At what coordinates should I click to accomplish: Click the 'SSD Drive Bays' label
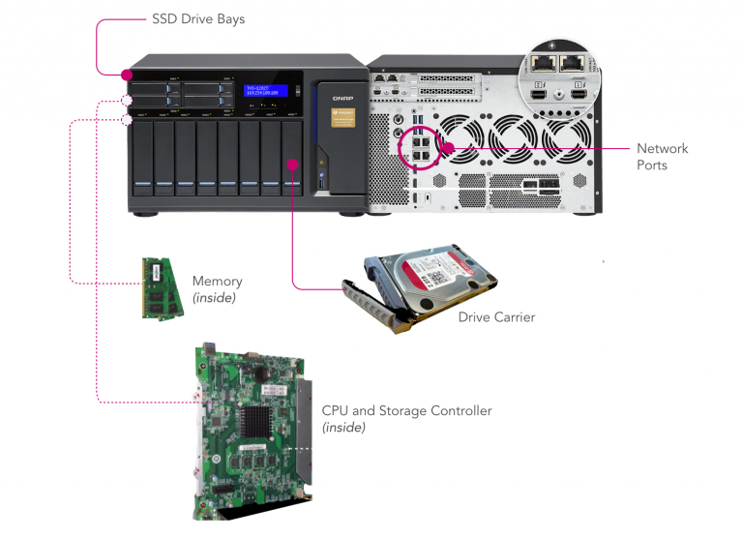point(198,18)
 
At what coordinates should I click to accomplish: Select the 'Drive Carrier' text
point(496,316)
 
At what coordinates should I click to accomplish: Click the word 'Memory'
point(217,282)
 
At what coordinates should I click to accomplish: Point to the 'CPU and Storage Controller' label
point(406,411)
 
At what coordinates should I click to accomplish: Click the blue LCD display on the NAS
point(265,91)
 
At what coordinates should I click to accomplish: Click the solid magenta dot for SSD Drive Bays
point(128,75)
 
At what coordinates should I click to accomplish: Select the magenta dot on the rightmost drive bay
point(292,164)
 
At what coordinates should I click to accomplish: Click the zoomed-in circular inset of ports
point(562,75)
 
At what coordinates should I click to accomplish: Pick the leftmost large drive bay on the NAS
point(141,155)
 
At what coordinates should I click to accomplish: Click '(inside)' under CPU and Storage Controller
point(343,428)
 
